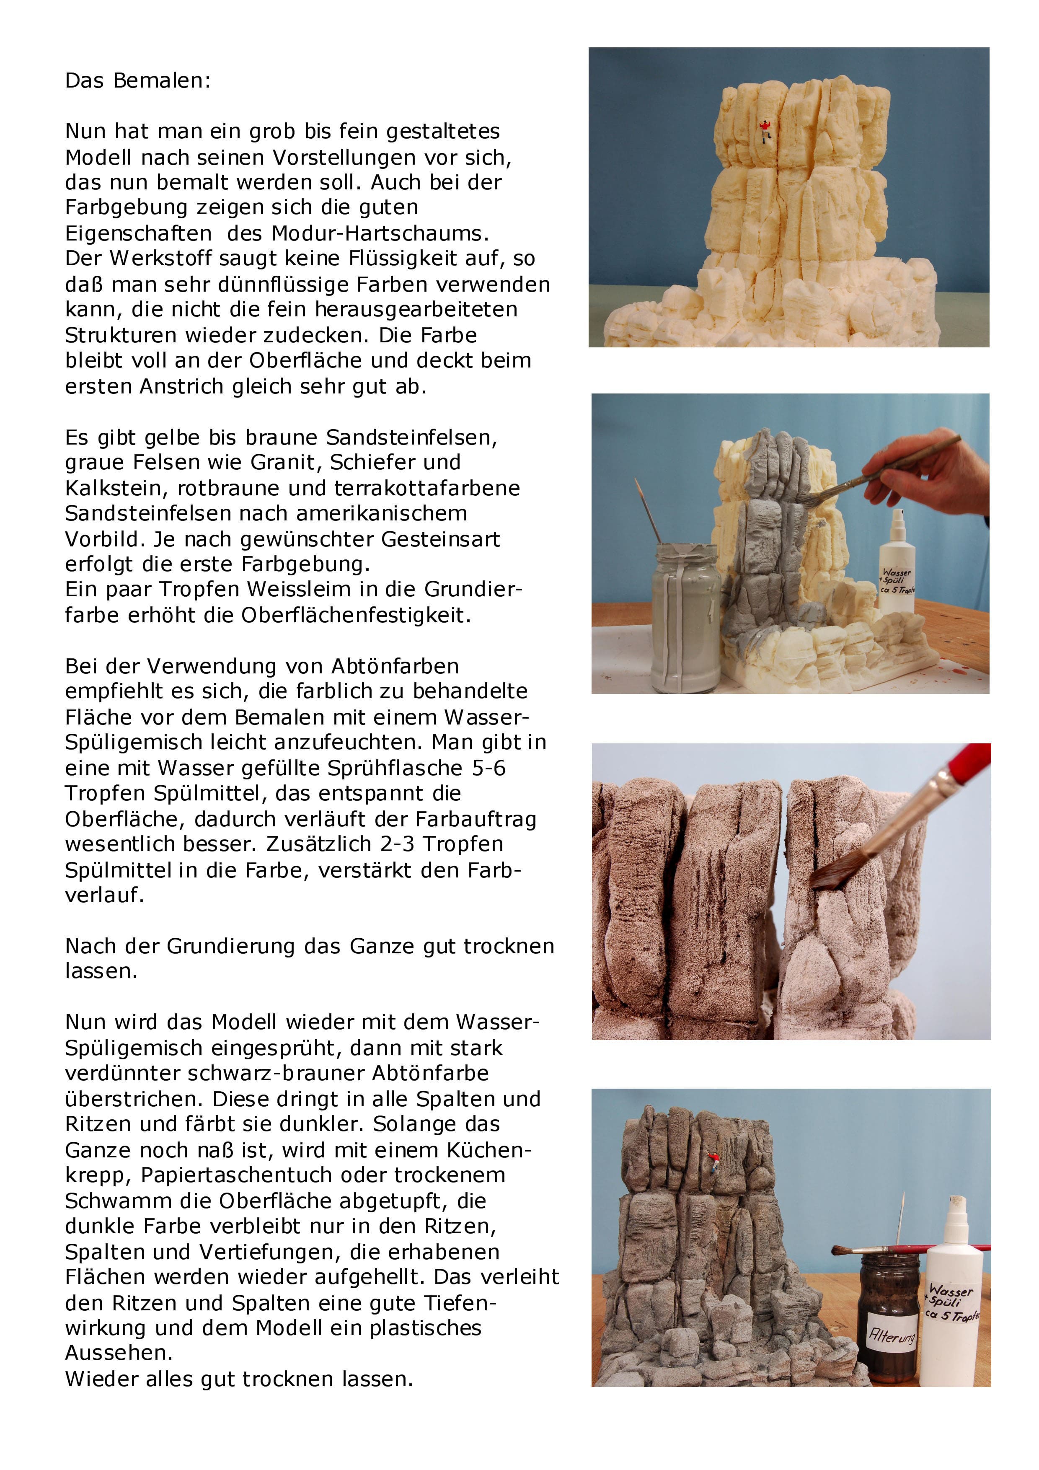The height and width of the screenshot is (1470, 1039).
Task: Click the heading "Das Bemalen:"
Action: click(138, 81)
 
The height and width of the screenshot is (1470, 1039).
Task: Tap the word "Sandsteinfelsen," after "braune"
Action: click(412, 437)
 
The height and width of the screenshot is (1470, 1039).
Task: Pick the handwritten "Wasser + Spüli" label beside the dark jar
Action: click(952, 1302)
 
